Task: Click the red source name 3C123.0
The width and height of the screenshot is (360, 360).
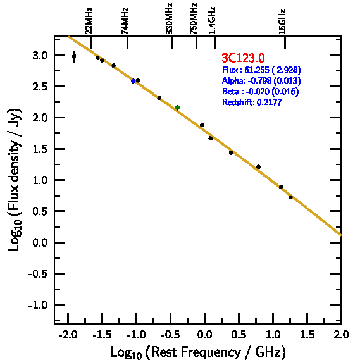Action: (x=243, y=58)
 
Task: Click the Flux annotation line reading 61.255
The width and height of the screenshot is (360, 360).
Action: (x=261, y=70)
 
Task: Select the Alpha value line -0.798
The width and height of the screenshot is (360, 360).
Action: (x=261, y=80)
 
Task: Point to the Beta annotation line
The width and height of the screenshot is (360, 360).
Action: (x=261, y=91)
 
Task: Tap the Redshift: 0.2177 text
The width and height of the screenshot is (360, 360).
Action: (x=252, y=102)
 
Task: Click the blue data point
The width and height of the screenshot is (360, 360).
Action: (x=133, y=81)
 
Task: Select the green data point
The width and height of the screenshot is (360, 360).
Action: (x=178, y=108)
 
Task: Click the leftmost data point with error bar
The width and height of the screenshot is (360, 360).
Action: (x=74, y=56)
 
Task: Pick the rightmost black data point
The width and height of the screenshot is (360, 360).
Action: (x=290, y=197)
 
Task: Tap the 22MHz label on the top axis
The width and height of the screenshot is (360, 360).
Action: (x=89, y=21)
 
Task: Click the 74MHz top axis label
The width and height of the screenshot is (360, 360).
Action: (x=125, y=21)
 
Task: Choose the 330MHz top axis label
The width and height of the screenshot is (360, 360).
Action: (x=169, y=19)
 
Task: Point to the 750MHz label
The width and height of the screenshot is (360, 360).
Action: (x=194, y=19)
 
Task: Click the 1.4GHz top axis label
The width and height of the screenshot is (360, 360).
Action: (x=212, y=21)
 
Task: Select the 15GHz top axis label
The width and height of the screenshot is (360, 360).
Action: (x=282, y=22)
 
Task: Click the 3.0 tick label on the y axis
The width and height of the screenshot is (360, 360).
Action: (x=40, y=56)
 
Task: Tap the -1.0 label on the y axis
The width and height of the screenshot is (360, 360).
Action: (x=38, y=305)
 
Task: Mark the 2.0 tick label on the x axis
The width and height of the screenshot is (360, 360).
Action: (x=341, y=335)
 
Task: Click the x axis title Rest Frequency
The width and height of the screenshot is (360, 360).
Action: (x=198, y=352)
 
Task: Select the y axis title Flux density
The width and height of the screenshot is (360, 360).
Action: (x=14, y=180)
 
